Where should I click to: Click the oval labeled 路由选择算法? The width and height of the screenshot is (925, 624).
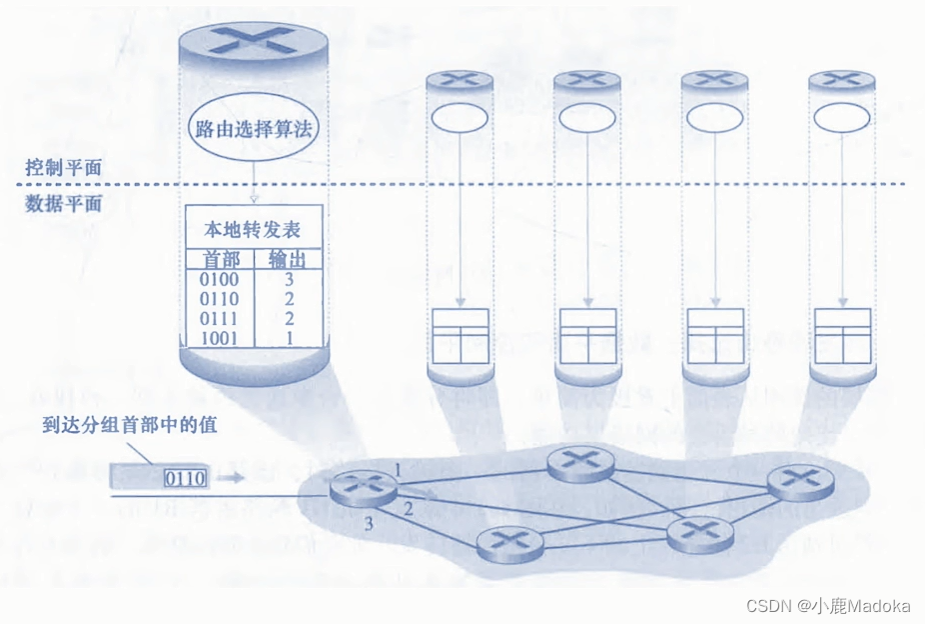tap(253, 128)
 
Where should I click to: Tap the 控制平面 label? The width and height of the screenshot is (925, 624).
tap(63, 167)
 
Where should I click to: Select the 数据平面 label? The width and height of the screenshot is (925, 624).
tap(63, 203)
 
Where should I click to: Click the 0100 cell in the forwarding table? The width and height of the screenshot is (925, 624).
tap(219, 279)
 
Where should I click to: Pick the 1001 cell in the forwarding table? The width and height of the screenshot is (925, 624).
tap(219, 337)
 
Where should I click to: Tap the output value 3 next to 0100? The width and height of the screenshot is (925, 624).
tap(288, 279)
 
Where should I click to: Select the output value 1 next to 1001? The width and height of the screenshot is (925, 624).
tap(288, 337)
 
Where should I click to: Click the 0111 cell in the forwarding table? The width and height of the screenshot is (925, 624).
tap(219, 318)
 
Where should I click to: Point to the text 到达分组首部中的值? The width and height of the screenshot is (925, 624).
tap(130, 424)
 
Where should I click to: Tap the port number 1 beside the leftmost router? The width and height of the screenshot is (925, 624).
tap(396, 468)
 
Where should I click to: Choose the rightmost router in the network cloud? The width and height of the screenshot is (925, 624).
tap(800, 482)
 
